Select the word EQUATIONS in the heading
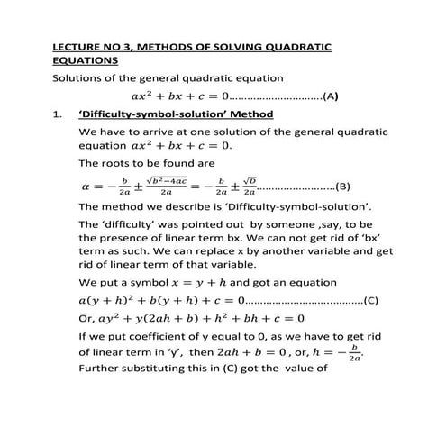[x=84, y=61]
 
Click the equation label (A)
[x=330, y=96]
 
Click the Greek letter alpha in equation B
[x=86, y=187]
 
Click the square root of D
[x=249, y=182]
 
